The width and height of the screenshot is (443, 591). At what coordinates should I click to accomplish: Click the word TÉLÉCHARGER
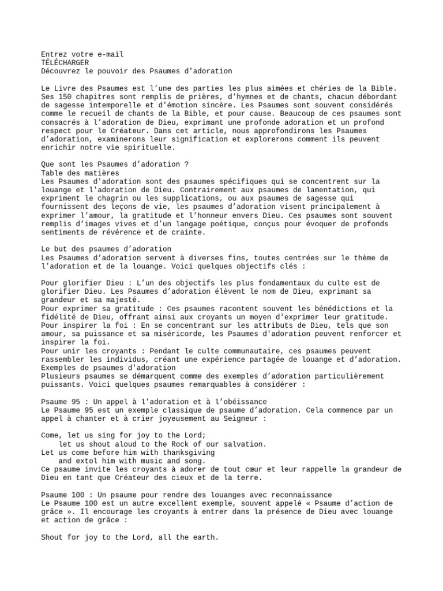click(66, 62)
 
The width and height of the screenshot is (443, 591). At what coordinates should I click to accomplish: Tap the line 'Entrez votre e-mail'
click(82, 54)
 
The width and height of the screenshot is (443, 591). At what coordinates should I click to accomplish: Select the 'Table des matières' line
click(80, 173)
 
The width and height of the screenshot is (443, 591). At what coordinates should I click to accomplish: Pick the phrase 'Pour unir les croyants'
click(87, 350)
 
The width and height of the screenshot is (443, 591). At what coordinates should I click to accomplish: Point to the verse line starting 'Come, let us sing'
click(123, 435)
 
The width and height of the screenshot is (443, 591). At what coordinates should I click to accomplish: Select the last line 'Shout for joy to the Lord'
click(130, 537)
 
